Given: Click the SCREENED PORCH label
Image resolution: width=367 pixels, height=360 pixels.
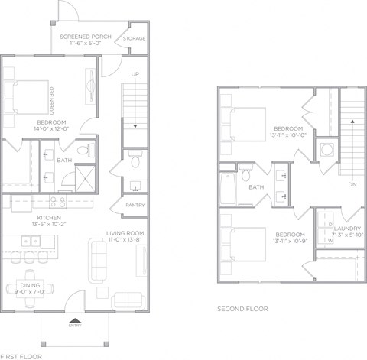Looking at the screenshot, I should click(x=85, y=36).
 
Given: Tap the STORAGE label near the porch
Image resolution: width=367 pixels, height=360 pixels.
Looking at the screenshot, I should click(x=135, y=38).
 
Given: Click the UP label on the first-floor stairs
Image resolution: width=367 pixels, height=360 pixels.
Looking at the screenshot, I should click(x=135, y=75).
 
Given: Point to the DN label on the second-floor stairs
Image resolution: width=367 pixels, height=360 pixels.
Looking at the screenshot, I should click(x=351, y=185).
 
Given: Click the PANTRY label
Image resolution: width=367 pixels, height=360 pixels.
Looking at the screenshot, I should click(x=135, y=205).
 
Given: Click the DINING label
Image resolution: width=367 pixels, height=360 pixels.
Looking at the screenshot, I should click(x=31, y=286).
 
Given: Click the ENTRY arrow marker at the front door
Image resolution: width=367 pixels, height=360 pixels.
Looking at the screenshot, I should click(x=75, y=322).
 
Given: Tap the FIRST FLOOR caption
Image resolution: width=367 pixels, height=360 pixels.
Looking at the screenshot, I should click(x=17, y=356).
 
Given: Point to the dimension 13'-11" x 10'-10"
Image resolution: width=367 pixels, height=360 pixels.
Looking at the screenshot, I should click(x=288, y=135).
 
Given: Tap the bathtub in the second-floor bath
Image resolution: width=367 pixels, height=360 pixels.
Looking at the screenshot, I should click(x=226, y=186).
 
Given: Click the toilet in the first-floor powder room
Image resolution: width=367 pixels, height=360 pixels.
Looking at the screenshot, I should click(x=135, y=161).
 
